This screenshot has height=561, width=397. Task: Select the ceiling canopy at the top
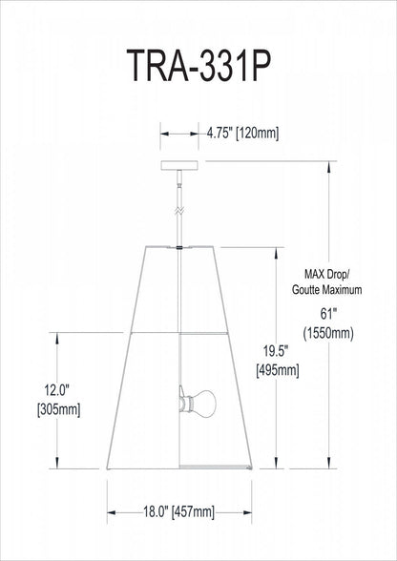(178, 164)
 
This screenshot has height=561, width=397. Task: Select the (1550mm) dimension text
(329, 334)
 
